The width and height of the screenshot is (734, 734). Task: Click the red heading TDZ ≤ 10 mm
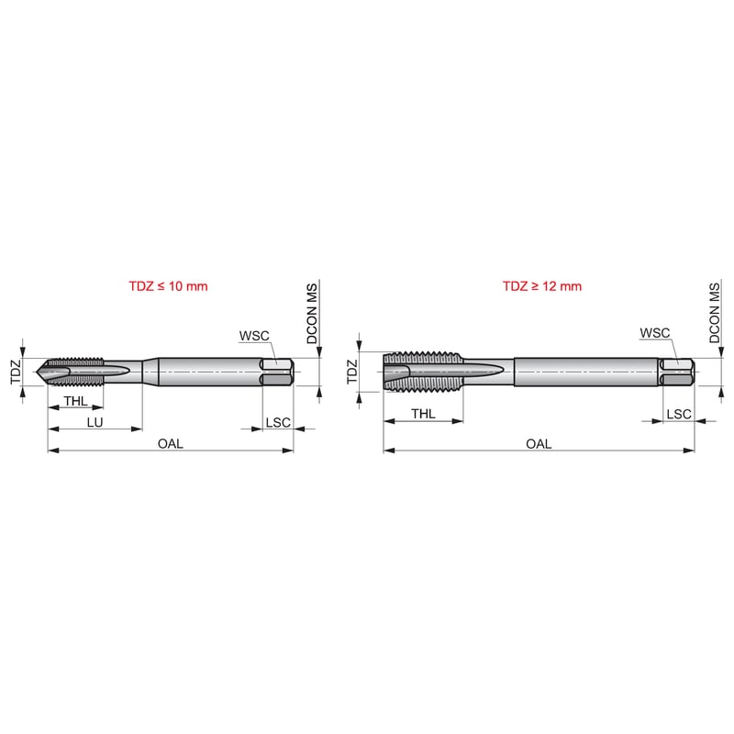pyautogui.click(x=168, y=286)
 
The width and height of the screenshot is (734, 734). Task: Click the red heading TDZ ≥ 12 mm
pyautogui.click(x=542, y=286)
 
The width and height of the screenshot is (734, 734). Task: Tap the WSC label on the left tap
pyautogui.click(x=254, y=336)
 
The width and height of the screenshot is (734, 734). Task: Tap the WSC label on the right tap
pyautogui.click(x=655, y=333)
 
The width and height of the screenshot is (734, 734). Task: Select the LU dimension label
pyautogui.click(x=95, y=422)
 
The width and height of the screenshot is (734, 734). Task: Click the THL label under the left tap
pyautogui.click(x=76, y=401)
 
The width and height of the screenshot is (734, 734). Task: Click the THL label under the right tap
pyautogui.click(x=423, y=414)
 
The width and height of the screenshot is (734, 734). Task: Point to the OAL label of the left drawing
pyautogui.click(x=171, y=443)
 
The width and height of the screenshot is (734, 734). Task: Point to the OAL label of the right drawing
pyautogui.click(x=539, y=443)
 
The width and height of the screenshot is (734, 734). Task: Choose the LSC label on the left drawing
pyautogui.click(x=278, y=422)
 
